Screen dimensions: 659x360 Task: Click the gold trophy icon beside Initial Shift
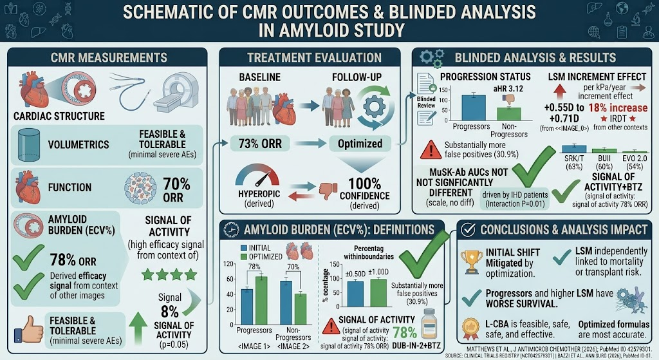pyautogui.click(x=472, y=262)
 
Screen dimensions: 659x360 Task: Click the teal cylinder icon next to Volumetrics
pyautogui.click(x=29, y=145)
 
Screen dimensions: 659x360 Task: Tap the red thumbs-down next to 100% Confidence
pyautogui.click(x=328, y=191)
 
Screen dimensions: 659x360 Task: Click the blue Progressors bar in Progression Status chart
pyautogui.click(x=474, y=108)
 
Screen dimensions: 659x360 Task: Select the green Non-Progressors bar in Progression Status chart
pyautogui.click(x=508, y=114)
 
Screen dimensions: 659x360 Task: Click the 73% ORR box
pyautogui.click(x=260, y=144)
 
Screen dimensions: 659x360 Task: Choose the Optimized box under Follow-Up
pyautogui.click(x=360, y=144)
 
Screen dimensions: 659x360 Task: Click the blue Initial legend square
pyautogui.click(x=244, y=248)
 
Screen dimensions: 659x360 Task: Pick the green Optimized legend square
pyautogui.click(x=244, y=256)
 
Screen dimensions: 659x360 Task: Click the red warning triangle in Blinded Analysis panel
pyautogui.click(x=431, y=149)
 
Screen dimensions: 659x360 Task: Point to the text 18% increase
pyautogui.click(x=618, y=108)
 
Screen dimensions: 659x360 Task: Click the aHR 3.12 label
pyautogui.click(x=508, y=89)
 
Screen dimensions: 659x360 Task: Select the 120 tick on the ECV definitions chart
pyautogui.click(x=228, y=264)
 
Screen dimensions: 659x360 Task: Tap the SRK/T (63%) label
pyautogui.click(x=574, y=162)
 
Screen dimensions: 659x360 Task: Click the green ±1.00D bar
pyautogui.click(x=378, y=293)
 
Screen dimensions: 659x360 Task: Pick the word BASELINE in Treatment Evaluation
pyautogui.click(x=260, y=77)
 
